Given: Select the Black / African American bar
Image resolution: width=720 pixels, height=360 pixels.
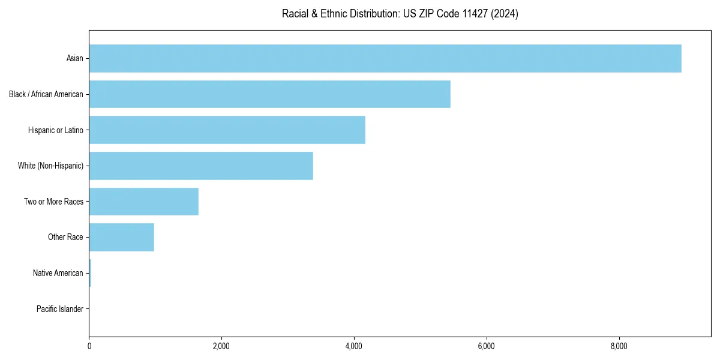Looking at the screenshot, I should click(x=269, y=94).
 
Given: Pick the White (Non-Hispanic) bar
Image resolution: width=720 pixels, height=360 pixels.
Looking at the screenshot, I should click(x=201, y=166).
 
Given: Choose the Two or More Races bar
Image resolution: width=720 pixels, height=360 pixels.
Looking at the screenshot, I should click(x=143, y=202).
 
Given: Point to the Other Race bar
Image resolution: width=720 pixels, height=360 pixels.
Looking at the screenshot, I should click(x=121, y=237).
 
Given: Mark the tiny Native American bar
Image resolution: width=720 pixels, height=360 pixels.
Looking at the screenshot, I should click(x=90, y=273).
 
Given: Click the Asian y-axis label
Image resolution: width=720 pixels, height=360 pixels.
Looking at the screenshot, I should click(x=75, y=58).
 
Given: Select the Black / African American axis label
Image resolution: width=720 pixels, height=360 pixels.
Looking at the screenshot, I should click(x=46, y=94).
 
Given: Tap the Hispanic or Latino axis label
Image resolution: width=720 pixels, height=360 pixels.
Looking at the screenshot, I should click(x=56, y=130).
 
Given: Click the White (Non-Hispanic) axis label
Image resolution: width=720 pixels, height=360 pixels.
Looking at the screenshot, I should click(x=50, y=166).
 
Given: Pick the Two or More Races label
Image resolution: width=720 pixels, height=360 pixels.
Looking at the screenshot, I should click(x=53, y=202).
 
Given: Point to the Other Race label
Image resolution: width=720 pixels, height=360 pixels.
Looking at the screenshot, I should click(x=65, y=237).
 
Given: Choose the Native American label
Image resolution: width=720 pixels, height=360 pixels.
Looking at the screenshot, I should click(x=58, y=273).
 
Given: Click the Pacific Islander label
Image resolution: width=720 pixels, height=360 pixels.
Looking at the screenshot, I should click(x=60, y=309).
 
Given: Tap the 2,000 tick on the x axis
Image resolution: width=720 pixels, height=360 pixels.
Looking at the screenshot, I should click(x=221, y=346).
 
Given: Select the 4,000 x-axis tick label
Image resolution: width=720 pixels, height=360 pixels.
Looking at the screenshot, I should click(x=354, y=346).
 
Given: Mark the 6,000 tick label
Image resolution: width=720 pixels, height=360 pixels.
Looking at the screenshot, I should click(x=486, y=346).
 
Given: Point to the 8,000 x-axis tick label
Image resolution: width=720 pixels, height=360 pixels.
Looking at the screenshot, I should click(x=619, y=346).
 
